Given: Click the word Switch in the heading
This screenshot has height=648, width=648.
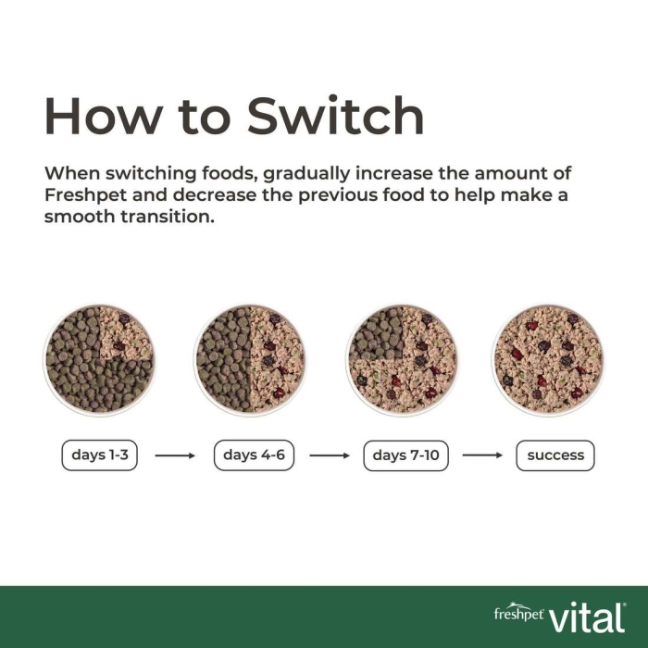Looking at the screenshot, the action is tap(335, 116).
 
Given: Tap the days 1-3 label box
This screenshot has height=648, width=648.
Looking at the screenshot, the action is tap(100, 455).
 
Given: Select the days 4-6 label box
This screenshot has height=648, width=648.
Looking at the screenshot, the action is tap(255, 455).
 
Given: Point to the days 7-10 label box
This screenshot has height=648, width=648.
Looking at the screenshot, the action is tap(405, 455).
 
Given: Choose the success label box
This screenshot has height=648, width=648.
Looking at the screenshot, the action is tap(555, 455).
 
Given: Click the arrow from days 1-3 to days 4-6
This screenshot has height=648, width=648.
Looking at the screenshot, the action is tap(175, 455).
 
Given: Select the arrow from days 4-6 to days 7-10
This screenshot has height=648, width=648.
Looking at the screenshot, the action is tap(330, 455).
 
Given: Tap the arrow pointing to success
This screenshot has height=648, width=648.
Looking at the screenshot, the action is tap(482, 455).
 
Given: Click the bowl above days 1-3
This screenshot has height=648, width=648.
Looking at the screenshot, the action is tap(99, 359).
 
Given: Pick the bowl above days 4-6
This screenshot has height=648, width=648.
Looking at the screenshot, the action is tap(251, 359).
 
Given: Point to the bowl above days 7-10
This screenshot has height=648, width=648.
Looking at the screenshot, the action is tap(402, 359).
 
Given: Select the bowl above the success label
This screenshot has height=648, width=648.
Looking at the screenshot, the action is tap(548, 359).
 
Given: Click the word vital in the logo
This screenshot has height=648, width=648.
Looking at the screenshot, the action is tap(587, 617).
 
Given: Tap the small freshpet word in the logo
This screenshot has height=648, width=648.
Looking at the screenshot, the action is tap(518, 613).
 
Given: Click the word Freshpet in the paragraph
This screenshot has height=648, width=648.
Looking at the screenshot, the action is tap(85, 195).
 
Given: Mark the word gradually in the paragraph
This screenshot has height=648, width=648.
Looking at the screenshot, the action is tap(306, 174).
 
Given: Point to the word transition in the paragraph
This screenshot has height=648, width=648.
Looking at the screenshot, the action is tap(168, 217).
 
